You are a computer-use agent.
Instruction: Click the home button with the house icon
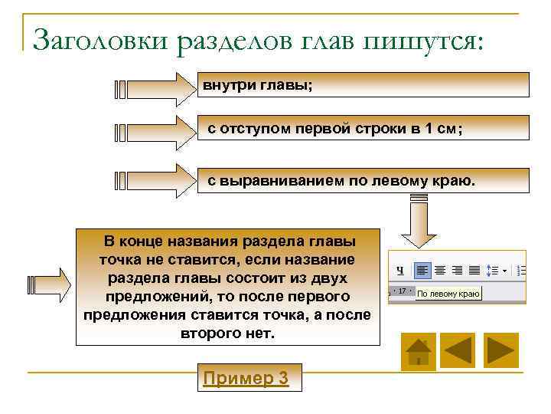[419, 351]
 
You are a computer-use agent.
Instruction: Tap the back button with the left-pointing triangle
[459, 351]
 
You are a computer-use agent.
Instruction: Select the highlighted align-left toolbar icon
[422, 270]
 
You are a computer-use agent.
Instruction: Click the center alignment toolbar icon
[440, 270]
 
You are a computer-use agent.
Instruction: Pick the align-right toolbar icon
[457, 270]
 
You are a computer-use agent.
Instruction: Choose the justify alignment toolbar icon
[474, 270]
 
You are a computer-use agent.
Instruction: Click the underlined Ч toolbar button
[399, 271]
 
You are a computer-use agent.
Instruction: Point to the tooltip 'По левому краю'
[448, 293]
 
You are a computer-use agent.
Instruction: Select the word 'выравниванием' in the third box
[305, 182]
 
